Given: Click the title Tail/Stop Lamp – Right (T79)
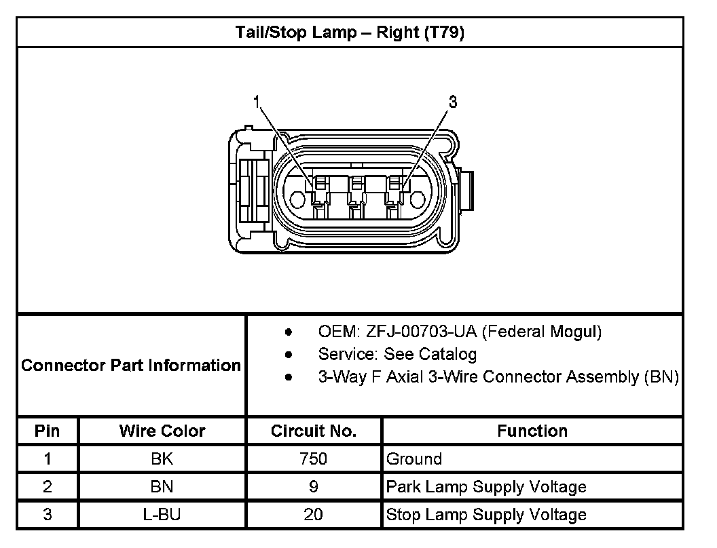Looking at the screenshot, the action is (350, 33).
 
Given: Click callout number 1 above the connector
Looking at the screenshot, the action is (257, 102).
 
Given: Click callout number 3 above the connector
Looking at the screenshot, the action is (453, 102).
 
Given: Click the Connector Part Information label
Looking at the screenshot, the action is (131, 366).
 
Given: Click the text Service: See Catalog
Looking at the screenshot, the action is (397, 354).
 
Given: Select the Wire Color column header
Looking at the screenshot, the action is (162, 431).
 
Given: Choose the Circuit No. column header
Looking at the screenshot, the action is (314, 431).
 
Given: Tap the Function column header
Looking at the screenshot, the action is (532, 431).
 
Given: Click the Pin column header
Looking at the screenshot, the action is (47, 431).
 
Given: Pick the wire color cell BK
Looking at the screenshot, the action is (162, 459).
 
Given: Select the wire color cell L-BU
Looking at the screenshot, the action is (162, 515).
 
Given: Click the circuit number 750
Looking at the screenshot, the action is (314, 459).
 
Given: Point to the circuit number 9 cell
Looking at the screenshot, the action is (314, 487).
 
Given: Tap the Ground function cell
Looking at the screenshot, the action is (414, 459).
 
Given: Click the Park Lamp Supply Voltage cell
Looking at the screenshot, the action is (486, 487).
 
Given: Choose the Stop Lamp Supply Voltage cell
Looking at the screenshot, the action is (486, 515).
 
